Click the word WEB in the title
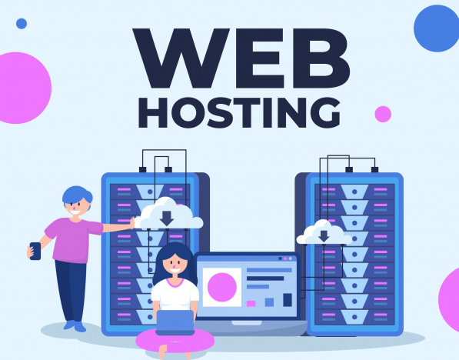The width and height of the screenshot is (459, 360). pos(241,58)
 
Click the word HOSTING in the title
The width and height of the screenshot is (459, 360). pos(239,113)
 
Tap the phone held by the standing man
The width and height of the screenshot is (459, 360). pos(35,251)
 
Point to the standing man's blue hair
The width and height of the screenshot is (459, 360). pos(77,194)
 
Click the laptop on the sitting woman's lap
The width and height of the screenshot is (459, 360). pos(175,322)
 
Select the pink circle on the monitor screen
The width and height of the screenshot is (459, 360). pos(222,287)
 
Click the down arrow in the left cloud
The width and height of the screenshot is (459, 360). pos(167,218)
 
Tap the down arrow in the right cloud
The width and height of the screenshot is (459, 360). pos(324,236)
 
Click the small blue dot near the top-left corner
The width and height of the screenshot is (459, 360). pos(22,24)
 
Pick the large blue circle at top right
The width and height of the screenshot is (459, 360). pos(437,28)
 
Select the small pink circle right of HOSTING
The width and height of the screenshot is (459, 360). pos(383,114)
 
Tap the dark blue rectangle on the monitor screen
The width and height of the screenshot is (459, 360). pos(288,300)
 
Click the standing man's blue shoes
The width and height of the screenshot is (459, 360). pos(75,325)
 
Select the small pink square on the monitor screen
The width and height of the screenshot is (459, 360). pos(251,304)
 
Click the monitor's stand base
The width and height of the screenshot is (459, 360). pos(247,323)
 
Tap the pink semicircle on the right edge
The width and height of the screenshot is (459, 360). pos(449,295)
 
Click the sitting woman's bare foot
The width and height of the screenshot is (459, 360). pos(163,352)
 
